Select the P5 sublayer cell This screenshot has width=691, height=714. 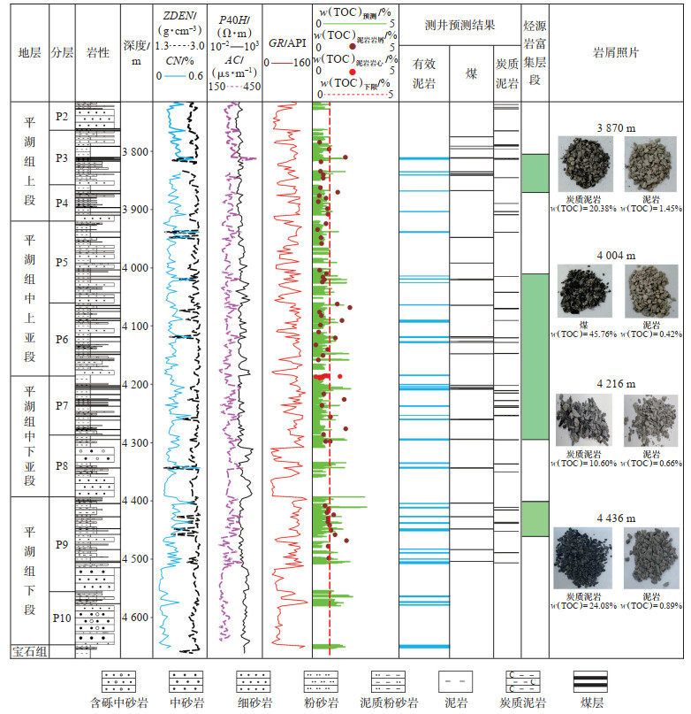(61, 262)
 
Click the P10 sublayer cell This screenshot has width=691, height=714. (61, 618)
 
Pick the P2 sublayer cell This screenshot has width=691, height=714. (61, 116)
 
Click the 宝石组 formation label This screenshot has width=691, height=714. (28, 652)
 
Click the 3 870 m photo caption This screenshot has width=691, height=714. (616, 128)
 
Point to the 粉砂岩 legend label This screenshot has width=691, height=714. (321, 704)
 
